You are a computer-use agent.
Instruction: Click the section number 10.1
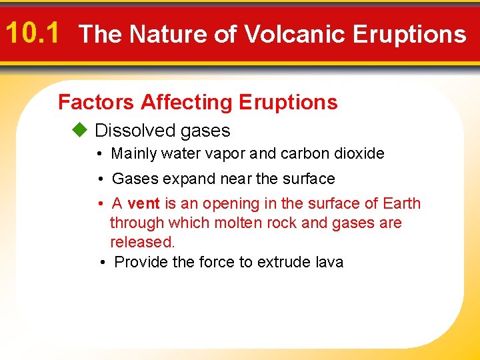point(33,32)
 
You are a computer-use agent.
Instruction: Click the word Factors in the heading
point(97,102)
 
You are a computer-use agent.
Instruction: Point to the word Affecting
point(186,102)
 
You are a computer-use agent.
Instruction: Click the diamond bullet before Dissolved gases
point(79,130)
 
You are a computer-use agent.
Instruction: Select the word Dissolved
point(133,131)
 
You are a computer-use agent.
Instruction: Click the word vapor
point(225,154)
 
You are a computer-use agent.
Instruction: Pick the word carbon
point(304,154)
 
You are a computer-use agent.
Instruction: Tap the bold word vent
point(143,204)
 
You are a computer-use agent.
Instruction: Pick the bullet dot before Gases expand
point(99,179)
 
